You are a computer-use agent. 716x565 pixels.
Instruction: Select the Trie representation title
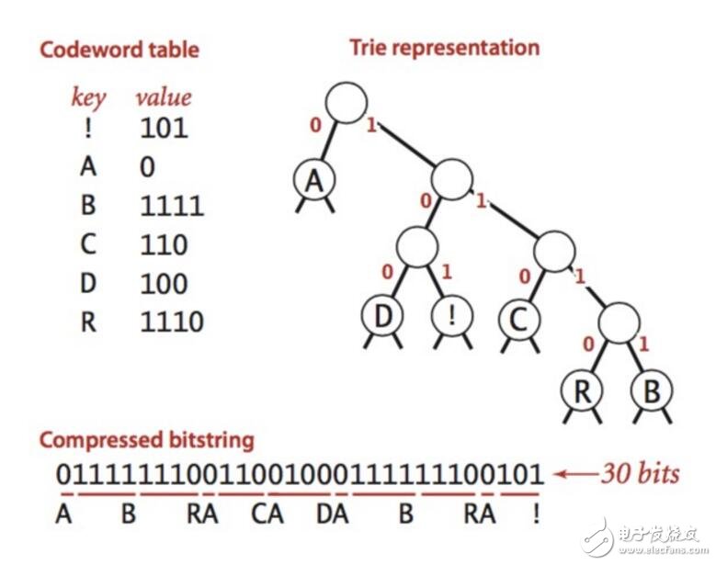[x=445, y=47]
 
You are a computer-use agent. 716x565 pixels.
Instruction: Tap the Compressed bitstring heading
[x=146, y=439]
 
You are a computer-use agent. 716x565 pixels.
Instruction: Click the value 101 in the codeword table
[x=163, y=128]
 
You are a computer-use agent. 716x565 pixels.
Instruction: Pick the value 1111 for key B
[x=171, y=205]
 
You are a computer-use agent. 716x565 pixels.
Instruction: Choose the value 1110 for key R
[x=171, y=322]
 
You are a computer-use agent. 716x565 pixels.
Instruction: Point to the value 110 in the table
[x=163, y=244]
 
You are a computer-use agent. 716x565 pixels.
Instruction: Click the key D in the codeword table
[x=88, y=283]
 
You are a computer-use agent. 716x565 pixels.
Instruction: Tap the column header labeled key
[x=89, y=97]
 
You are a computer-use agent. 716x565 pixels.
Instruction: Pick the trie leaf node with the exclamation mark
[x=450, y=316]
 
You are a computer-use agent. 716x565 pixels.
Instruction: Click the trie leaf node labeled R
[x=582, y=390]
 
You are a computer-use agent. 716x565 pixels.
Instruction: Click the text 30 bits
[x=640, y=474]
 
